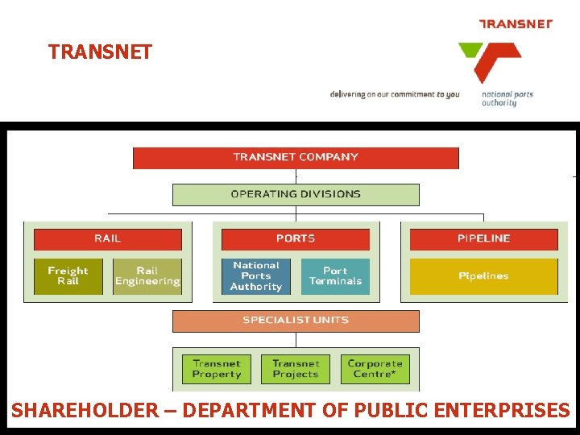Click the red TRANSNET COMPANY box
coord(296,158)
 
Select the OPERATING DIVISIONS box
coord(296,194)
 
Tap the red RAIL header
coord(108,238)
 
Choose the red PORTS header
coord(296,238)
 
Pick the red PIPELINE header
coord(483,238)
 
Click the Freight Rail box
coord(68,276)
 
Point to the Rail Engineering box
coord(147,276)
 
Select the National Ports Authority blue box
coord(256,276)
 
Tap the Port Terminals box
coord(336,276)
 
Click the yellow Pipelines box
coord(483,276)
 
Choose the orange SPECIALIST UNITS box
coord(296,321)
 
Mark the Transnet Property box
coord(217,369)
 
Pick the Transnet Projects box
coord(296,369)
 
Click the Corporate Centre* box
coord(375,369)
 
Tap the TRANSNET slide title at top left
coord(100,52)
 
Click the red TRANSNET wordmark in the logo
coord(516,24)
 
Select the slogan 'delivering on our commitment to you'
coord(394,95)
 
